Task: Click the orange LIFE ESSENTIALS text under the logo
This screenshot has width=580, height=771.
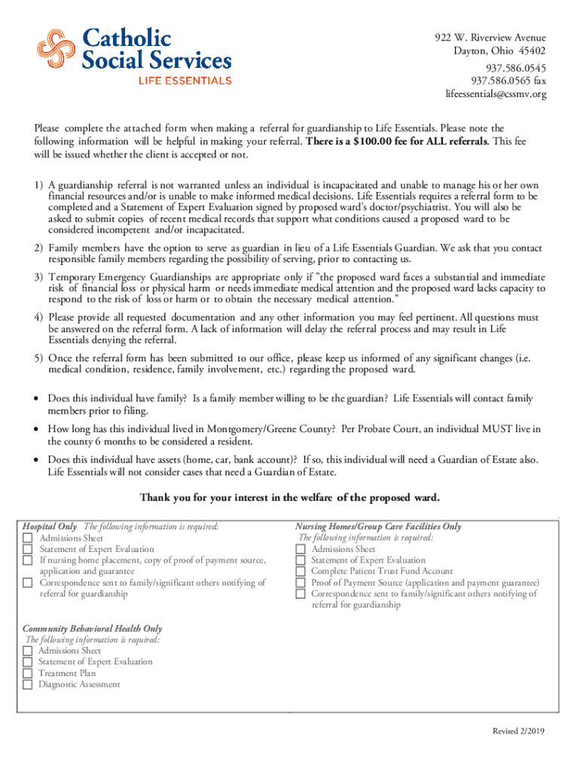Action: point(184,80)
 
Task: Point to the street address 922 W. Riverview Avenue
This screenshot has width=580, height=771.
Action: point(490,38)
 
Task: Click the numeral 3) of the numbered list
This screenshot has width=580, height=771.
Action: point(38,278)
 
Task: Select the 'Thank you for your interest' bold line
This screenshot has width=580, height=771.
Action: point(289,498)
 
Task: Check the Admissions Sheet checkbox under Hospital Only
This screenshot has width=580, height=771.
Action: point(28,538)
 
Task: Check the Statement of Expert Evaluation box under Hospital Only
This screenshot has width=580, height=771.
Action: point(28,550)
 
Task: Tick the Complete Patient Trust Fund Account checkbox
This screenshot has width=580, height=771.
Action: point(300,571)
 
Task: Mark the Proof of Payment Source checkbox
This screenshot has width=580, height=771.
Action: point(300,583)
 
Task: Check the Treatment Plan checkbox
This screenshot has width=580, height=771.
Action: point(28,673)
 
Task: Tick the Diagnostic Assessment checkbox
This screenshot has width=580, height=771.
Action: point(28,684)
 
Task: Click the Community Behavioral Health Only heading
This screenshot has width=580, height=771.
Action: point(92,629)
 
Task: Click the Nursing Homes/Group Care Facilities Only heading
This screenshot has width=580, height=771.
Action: point(378,527)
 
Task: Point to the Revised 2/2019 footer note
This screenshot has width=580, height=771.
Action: point(519,731)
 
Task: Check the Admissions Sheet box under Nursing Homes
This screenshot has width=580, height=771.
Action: point(300,550)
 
